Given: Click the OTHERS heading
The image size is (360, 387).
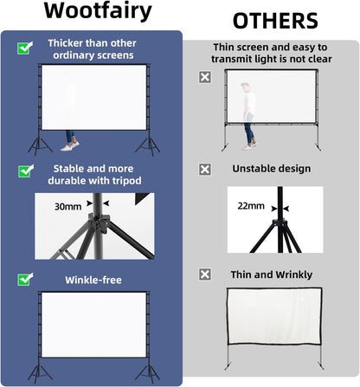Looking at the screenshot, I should (274, 20).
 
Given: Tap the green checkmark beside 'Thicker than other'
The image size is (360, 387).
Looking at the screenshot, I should (24, 48).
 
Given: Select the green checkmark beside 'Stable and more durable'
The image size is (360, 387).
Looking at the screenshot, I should (24, 171).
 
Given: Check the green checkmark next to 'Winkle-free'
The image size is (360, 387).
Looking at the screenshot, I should (24, 280).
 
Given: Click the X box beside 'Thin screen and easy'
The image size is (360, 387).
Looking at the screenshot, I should (204, 77).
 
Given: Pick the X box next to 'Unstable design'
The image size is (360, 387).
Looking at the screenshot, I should (204, 169).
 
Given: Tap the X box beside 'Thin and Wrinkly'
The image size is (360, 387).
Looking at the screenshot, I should (204, 274).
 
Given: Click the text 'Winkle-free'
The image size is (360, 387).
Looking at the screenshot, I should (93, 280).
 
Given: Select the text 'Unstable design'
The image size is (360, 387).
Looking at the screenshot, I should (271, 169).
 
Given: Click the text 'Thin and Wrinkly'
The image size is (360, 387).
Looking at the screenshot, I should (272, 274).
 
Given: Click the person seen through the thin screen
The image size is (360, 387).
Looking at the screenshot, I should (248, 110).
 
